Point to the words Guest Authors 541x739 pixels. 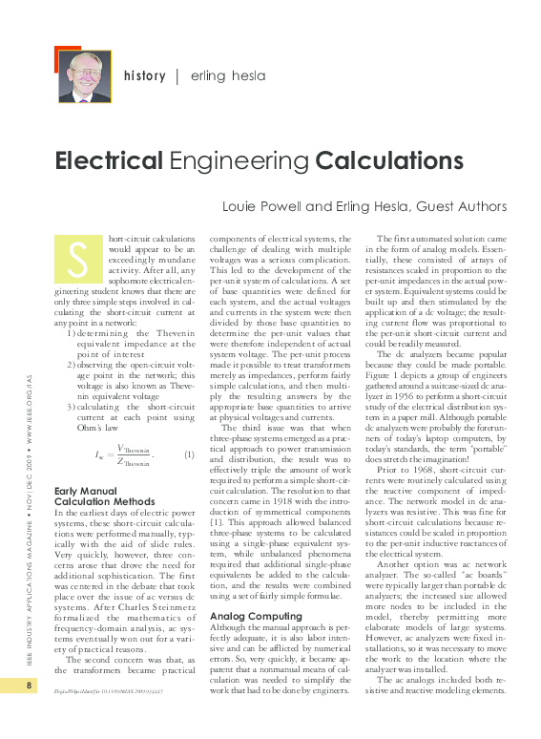[x=464, y=206]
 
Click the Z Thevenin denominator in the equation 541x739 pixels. [x=135, y=462]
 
